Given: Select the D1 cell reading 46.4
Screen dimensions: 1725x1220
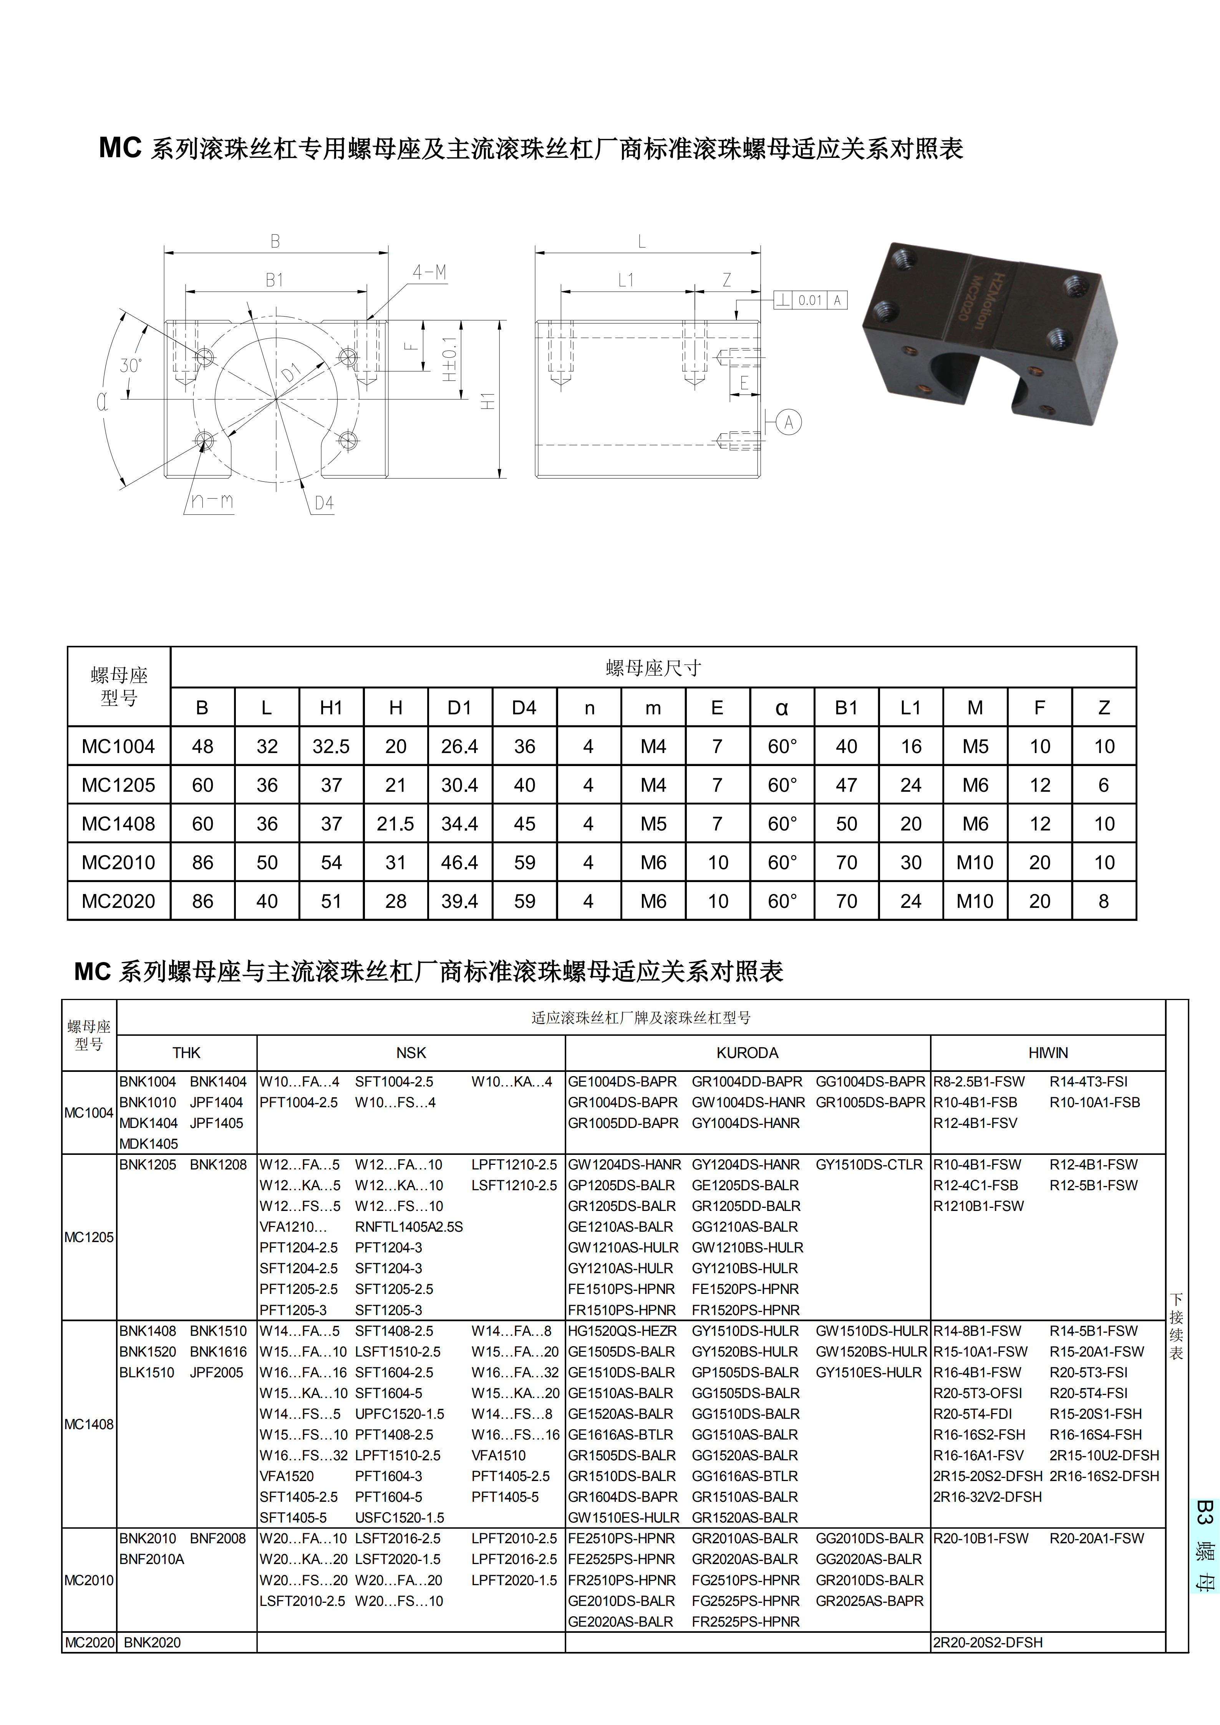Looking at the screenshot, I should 460,862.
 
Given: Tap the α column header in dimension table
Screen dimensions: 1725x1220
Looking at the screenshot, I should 782,708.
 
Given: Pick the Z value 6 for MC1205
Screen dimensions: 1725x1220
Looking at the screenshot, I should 1104,785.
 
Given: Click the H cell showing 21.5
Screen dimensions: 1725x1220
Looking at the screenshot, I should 395,824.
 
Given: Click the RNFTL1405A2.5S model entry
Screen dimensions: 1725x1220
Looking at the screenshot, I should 409,1227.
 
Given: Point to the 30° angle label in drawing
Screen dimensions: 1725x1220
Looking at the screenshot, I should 131,366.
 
